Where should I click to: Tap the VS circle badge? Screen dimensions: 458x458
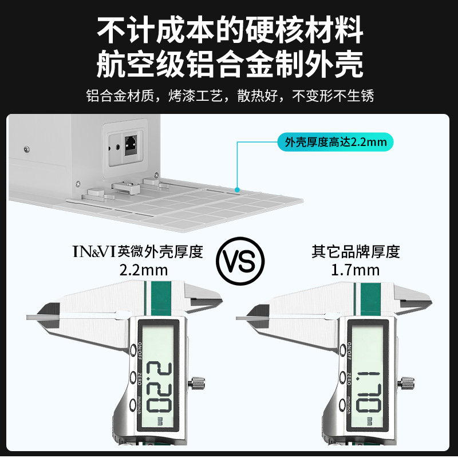tap(240, 262)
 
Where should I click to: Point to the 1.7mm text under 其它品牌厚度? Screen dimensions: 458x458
tap(355, 269)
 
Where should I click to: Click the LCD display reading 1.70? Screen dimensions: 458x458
tap(366, 378)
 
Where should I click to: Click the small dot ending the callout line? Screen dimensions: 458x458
tap(237, 188)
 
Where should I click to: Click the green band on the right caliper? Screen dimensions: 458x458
tap(364, 297)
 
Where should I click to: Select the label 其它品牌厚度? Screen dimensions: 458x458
tap(356, 251)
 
